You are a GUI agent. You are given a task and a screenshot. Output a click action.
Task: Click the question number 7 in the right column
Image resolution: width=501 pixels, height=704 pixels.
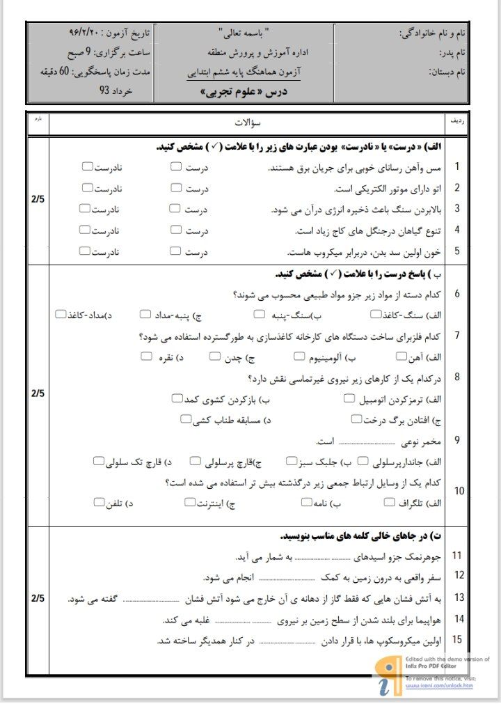(x=456, y=336)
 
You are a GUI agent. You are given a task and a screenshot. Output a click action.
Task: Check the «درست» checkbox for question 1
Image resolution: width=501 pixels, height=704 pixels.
(x=176, y=166)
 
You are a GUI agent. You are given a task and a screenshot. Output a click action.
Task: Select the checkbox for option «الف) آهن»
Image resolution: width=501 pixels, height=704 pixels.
(x=401, y=357)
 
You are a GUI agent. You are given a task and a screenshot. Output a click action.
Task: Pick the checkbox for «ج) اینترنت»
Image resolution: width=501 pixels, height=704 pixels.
(x=191, y=502)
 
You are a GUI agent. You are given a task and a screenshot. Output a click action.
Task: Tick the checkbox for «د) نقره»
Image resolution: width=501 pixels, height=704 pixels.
(x=146, y=357)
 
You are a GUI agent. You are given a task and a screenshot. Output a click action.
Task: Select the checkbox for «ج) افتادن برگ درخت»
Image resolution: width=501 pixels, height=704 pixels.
(x=356, y=419)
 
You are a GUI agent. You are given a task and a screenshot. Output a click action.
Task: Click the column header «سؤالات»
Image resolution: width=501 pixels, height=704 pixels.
(x=247, y=122)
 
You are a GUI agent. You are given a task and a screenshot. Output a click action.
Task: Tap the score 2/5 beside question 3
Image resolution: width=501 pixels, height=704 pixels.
(x=38, y=200)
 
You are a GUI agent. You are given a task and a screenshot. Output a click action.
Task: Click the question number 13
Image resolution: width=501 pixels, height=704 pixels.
(x=458, y=597)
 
